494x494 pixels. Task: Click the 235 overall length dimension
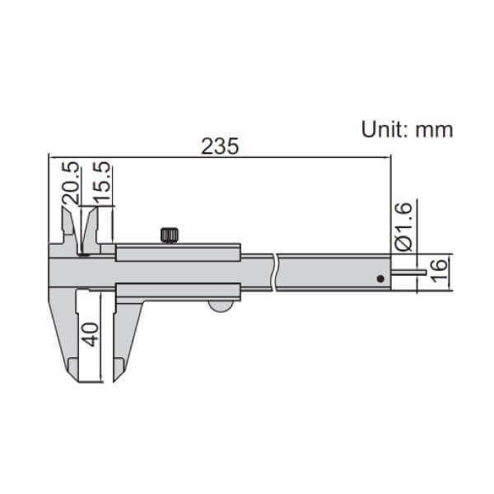tap(220, 147)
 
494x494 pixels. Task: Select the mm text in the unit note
tap(434, 128)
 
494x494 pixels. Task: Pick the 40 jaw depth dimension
tap(91, 333)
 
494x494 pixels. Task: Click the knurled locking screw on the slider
tap(170, 235)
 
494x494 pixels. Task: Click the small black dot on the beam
tap(380, 278)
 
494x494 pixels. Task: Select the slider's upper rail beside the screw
tap(206, 251)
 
